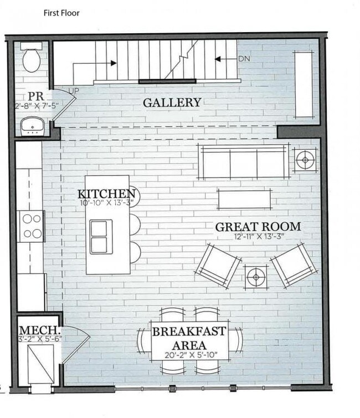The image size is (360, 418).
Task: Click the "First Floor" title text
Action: [61, 13]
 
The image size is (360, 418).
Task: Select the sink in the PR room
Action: [33, 127]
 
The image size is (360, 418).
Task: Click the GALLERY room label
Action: [172, 103]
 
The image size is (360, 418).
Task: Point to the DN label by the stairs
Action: [244, 59]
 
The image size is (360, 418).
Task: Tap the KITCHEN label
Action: [106, 193]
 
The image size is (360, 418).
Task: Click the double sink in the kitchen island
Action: [101, 237]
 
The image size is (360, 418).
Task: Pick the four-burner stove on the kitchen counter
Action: [32, 226]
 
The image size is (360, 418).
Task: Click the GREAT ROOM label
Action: [258, 227]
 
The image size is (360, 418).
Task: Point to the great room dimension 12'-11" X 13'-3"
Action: [258, 236]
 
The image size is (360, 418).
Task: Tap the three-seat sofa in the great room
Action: [244, 161]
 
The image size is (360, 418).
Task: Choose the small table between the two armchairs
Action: [256, 276]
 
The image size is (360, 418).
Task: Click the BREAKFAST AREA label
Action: [189, 338]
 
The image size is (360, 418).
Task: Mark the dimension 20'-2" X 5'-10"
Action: [189, 355]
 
